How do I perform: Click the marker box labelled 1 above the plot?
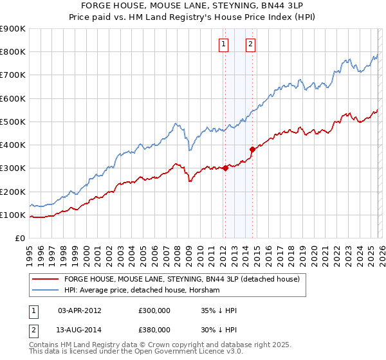pyautogui.click(x=223, y=44)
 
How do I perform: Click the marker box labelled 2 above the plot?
pyautogui.click(x=250, y=44)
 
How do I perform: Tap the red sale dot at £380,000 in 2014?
pyautogui.click(x=252, y=150)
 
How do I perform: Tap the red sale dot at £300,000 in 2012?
pyautogui.click(x=225, y=168)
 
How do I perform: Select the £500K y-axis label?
pyautogui.click(x=13, y=122)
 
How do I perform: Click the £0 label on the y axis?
pyautogui.click(x=19, y=238)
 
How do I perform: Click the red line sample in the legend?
pyautogui.click(x=46, y=280)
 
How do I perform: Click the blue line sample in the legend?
pyautogui.click(x=46, y=291)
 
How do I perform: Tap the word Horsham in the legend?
pyautogui.click(x=206, y=291)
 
